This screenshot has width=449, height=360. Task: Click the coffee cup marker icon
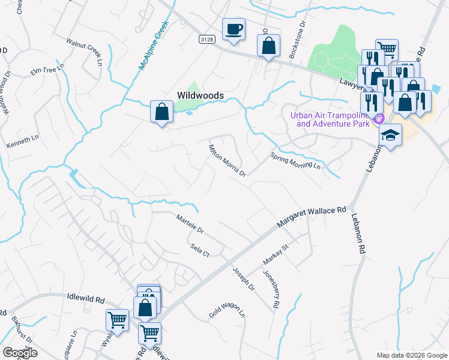click(234, 28)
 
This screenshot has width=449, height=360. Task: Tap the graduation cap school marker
click(390, 135)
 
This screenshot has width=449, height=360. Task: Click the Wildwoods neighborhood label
click(200, 95)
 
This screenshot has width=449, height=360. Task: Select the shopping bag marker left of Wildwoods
click(161, 111)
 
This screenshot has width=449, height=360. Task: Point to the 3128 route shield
click(206, 38)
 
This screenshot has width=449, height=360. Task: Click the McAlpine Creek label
click(152, 46)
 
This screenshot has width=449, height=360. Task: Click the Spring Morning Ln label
click(295, 160)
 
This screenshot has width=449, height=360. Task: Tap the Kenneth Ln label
click(22, 142)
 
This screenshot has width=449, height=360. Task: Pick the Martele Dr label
click(190, 224)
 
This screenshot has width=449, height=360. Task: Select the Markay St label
click(276, 255)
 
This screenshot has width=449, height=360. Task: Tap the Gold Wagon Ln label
click(227, 309)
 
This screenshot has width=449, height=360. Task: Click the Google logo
click(20, 353)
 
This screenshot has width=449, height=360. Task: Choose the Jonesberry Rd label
click(271, 289)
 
